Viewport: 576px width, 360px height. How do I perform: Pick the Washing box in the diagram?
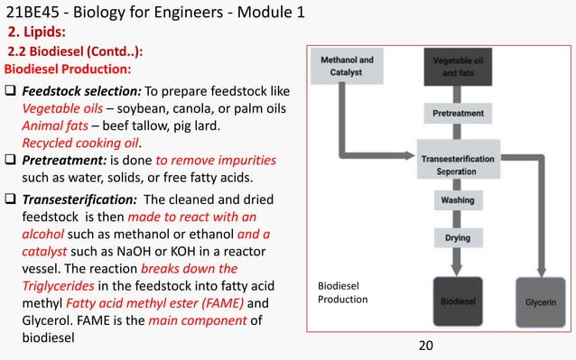pos(456,200)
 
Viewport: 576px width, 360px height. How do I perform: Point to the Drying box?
pos(456,237)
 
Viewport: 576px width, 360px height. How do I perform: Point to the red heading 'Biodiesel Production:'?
pos(69,69)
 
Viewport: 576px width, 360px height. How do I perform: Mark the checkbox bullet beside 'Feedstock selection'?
pos(12,92)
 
